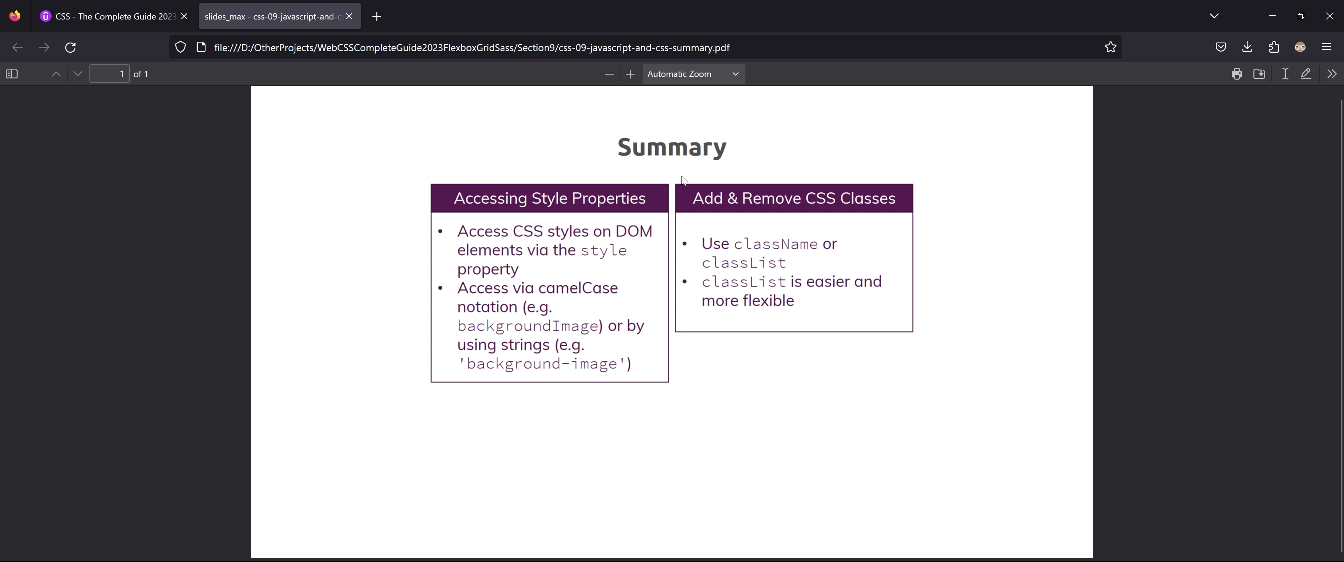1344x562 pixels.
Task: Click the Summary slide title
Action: [x=672, y=148]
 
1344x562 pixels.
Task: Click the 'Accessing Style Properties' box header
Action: [x=549, y=198]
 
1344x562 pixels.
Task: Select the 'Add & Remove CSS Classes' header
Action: [x=794, y=198]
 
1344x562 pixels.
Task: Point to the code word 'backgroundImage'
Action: [x=527, y=326]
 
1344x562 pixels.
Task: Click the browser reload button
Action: [x=70, y=48]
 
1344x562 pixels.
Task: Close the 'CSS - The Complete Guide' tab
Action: [x=184, y=16]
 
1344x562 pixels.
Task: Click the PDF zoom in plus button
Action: [x=630, y=74]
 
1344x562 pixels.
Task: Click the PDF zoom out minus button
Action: [x=609, y=74]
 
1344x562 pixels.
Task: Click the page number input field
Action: [x=109, y=74]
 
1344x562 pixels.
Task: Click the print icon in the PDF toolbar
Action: [x=1237, y=74]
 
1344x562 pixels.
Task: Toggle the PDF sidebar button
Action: [x=11, y=74]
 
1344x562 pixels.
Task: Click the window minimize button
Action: [x=1272, y=16]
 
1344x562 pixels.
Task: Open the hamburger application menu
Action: [x=1326, y=47]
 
